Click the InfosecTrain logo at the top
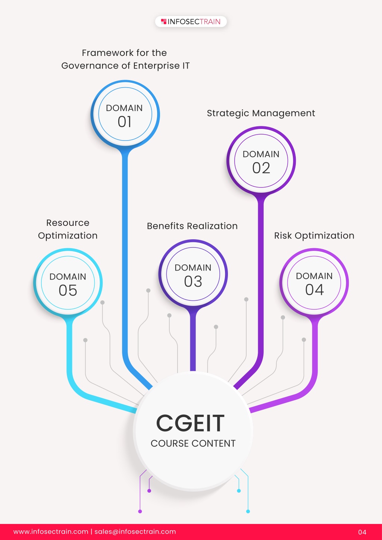(x=191, y=22)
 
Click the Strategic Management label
(x=261, y=113)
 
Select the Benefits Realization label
(x=192, y=226)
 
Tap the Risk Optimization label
(x=314, y=236)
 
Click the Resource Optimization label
(x=68, y=229)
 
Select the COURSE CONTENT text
(x=193, y=443)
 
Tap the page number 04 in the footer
(x=362, y=532)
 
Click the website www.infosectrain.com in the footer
(x=51, y=531)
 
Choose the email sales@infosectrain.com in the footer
(x=135, y=531)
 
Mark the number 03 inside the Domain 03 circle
(x=193, y=281)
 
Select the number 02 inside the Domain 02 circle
(x=261, y=168)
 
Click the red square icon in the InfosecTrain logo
(x=164, y=22)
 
